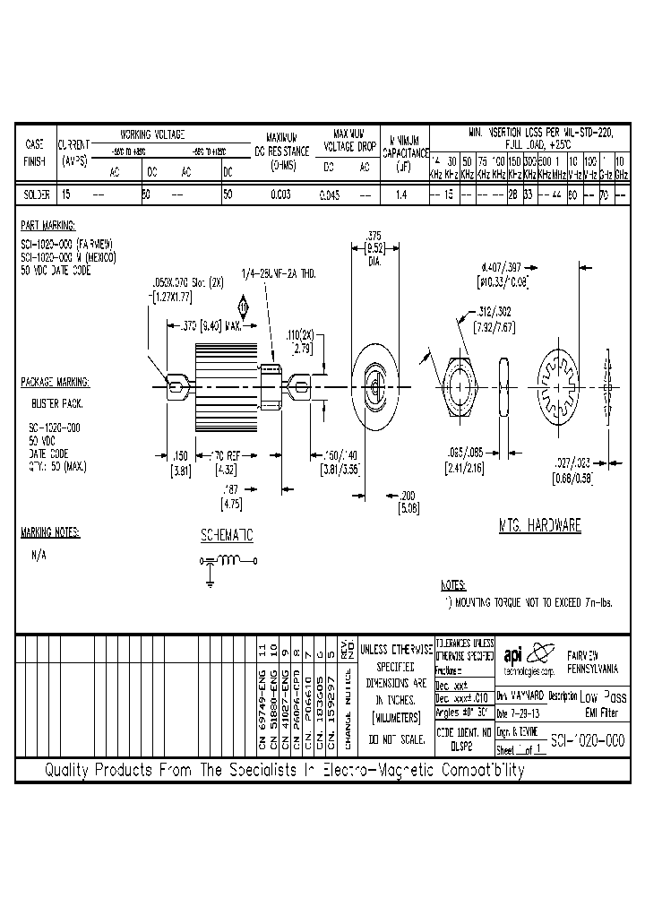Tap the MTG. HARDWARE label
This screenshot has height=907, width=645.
tap(539, 526)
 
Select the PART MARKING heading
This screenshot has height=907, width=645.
tap(47, 226)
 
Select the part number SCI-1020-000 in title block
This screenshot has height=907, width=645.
tap(588, 742)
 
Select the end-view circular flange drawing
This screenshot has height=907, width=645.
tap(374, 381)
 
